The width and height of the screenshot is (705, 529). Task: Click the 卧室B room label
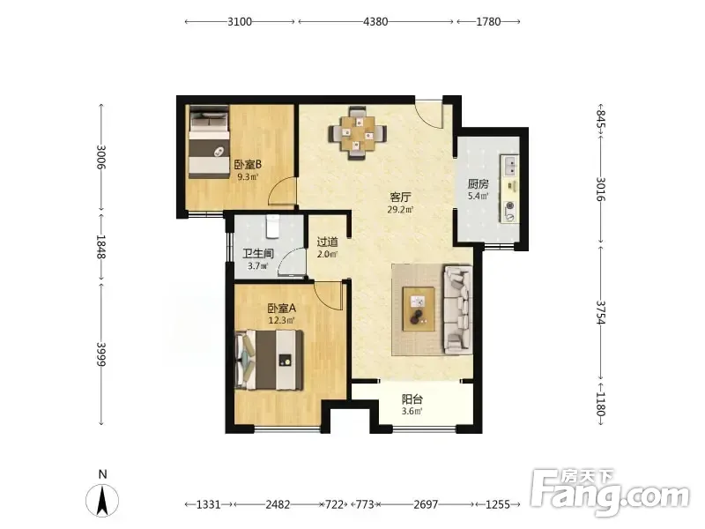[x=248, y=164]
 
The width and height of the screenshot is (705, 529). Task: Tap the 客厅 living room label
[x=401, y=197]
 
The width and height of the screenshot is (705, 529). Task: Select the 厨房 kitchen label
[x=478, y=184]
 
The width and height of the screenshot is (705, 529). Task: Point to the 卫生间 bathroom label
[x=258, y=254]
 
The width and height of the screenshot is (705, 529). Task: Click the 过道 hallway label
[x=327, y=242]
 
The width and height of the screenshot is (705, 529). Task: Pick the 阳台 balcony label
[x=412, y=399]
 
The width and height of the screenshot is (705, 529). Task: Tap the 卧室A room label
[x=281, y=309]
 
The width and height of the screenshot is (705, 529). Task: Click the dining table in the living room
[x=358, y=134]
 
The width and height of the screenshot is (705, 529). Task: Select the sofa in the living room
[x=458, y=309]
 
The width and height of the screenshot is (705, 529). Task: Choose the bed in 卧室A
[x=269, y=361]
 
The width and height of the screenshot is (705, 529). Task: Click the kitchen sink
[x=509, y=166]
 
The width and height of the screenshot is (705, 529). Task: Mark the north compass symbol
[x=102, y=500]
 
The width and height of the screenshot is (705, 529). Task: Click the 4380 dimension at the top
[x=375, y=21]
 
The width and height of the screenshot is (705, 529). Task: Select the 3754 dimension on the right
[x=601, y=313]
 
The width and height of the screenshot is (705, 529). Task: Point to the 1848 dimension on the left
[x=101, y=247]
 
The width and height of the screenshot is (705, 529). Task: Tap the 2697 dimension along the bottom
[x=426, y=504]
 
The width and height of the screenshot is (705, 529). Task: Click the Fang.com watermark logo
[x=610, y=493]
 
